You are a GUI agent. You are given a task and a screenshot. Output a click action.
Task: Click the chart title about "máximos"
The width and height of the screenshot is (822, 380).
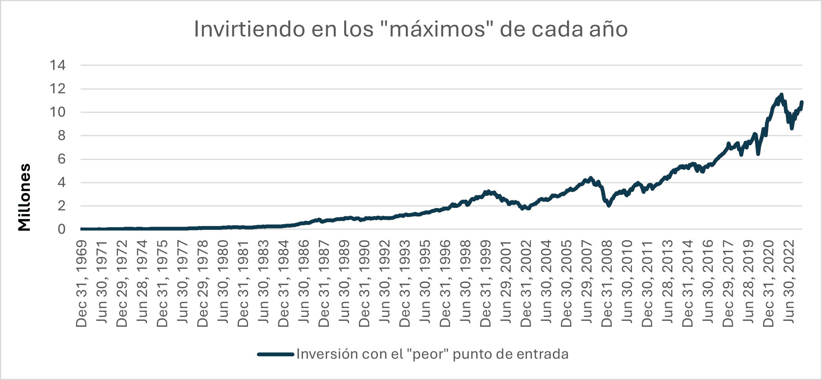point(411,29)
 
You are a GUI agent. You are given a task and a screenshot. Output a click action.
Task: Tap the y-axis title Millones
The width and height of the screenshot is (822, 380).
point(25,197)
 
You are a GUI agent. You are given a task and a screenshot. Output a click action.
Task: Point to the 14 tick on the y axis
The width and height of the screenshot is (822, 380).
point(57,65)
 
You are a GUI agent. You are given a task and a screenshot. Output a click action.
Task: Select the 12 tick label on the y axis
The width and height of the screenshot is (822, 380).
point(57,89)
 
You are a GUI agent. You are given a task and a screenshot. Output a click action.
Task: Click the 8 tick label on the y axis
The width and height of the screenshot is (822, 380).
point(62,136)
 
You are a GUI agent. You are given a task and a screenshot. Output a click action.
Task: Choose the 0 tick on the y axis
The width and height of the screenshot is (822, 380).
point(62,229)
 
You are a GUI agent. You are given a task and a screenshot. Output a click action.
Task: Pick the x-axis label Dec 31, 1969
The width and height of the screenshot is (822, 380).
point(82,284)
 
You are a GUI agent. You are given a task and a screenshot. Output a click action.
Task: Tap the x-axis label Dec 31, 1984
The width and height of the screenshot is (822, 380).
point(284,284)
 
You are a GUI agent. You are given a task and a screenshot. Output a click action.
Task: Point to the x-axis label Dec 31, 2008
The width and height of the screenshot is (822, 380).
point(607,284)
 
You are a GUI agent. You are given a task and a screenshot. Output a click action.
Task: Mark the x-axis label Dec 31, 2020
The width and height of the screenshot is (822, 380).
point(769,284)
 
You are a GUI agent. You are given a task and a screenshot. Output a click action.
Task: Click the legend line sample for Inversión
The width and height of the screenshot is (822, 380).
point(276,354)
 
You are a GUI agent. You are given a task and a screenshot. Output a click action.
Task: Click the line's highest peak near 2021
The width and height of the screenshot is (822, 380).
point(781,94)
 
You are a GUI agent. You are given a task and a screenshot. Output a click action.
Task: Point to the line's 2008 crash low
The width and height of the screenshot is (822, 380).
point(609,206)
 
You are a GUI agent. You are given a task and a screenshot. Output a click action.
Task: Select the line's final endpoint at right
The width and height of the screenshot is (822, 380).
point(802,102)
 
